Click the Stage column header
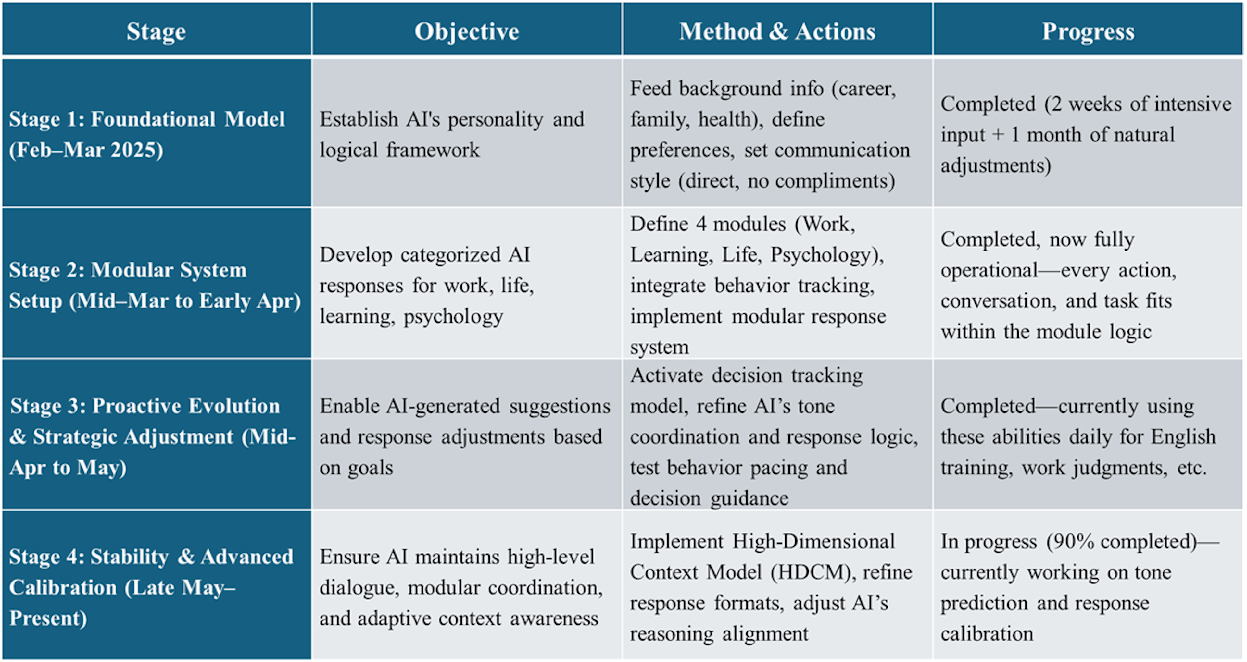[x=156, y=32]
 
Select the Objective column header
[x=467, y=32]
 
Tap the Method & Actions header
[x=777, y=32]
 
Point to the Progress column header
[x=1088, y=32]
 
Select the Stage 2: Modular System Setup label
[x=155, y=285]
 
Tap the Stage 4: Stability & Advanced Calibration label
[x=151, y=587]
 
